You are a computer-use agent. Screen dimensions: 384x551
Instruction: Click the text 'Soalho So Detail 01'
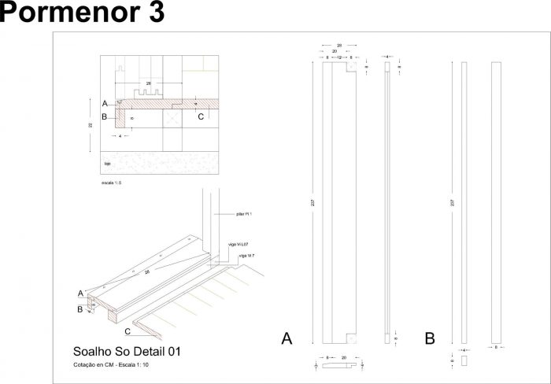point(127,352)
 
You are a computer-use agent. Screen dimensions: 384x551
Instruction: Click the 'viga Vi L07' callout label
point(238,246)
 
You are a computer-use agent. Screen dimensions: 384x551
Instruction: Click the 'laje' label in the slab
point(107,164)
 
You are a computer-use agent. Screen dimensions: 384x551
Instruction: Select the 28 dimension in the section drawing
point(147,83)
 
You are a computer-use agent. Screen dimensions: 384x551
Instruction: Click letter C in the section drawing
point(201,117)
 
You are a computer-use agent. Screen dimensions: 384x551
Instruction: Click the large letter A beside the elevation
point(287,339)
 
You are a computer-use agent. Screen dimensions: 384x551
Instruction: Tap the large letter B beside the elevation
point(430,339)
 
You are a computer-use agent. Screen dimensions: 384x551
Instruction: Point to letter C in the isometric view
point(128,331)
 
